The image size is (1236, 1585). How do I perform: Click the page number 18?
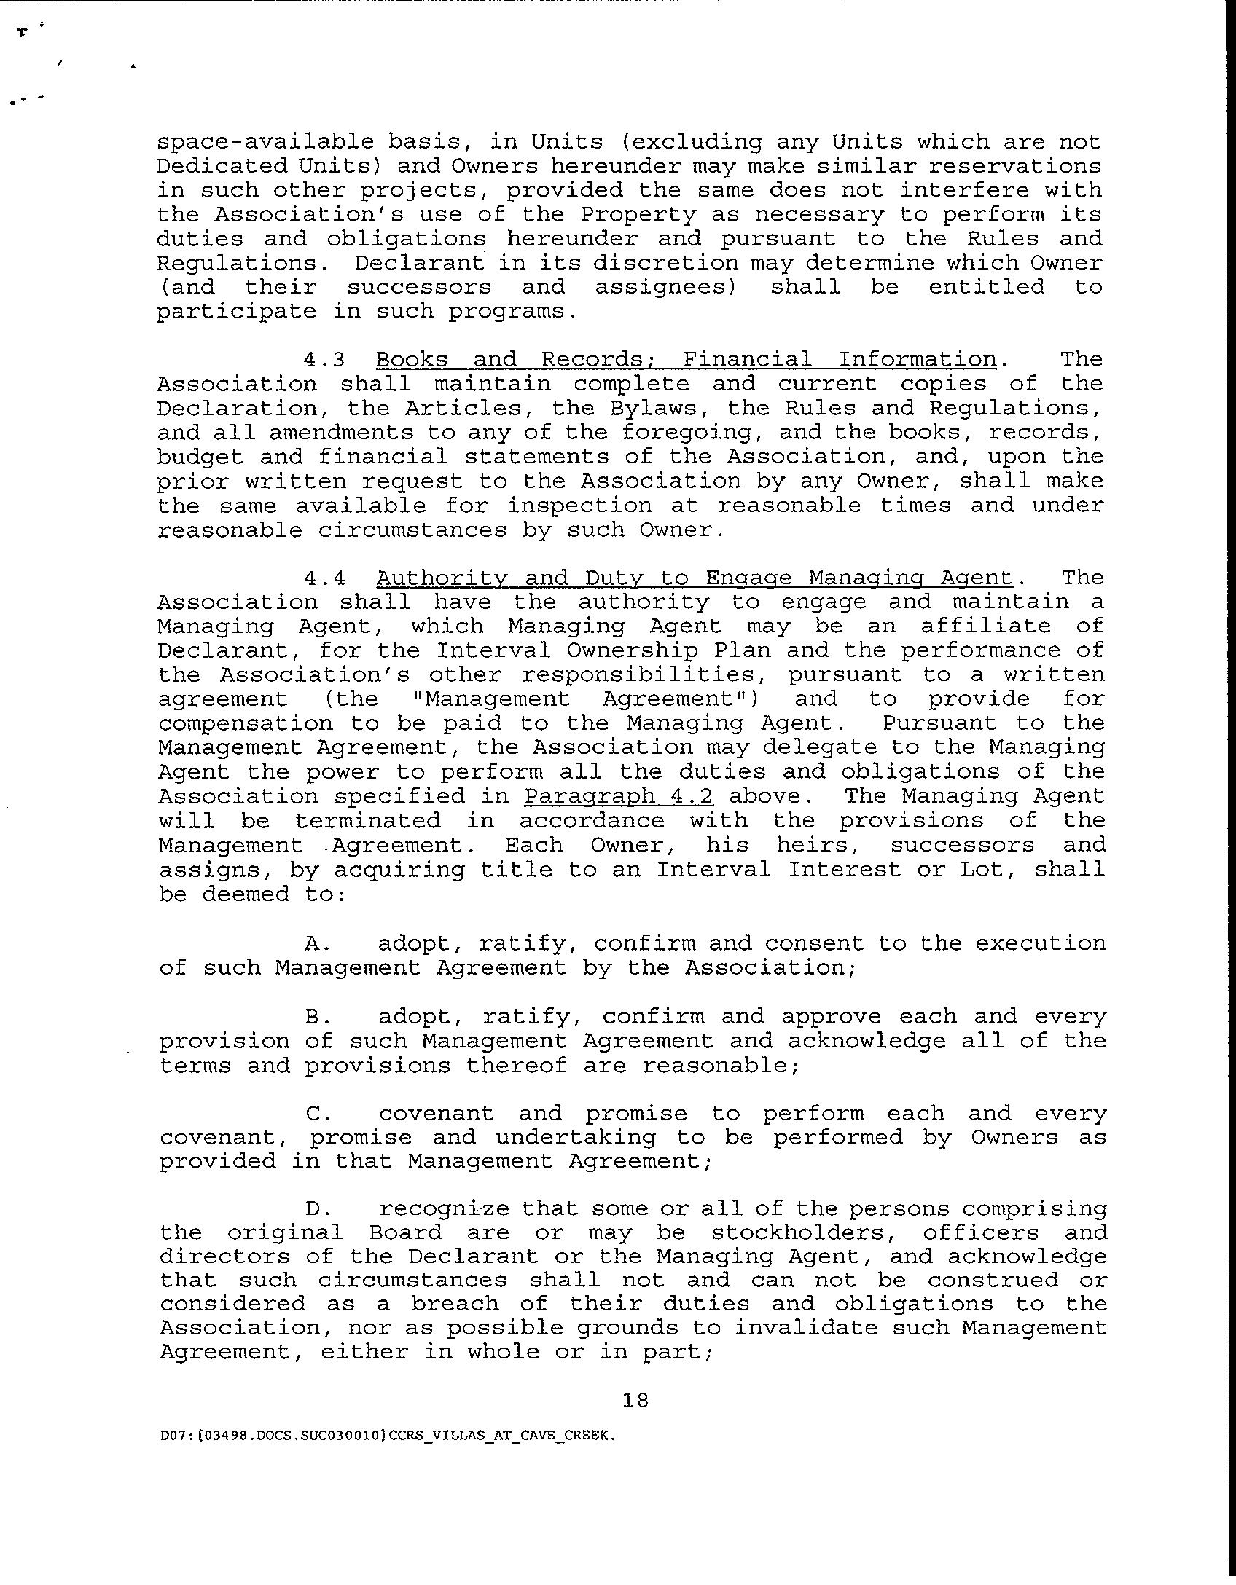(635, 1400)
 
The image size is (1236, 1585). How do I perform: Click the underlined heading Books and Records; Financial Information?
(686, 360)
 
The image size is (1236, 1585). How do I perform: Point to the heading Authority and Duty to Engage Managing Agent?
(695, 578)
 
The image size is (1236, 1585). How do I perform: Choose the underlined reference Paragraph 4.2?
(618, 796)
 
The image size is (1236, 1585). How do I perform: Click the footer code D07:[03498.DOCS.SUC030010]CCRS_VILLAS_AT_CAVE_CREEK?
(386, 1435)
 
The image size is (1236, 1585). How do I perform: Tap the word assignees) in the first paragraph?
(665, 287)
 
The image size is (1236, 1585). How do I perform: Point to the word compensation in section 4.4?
(246, 724)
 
